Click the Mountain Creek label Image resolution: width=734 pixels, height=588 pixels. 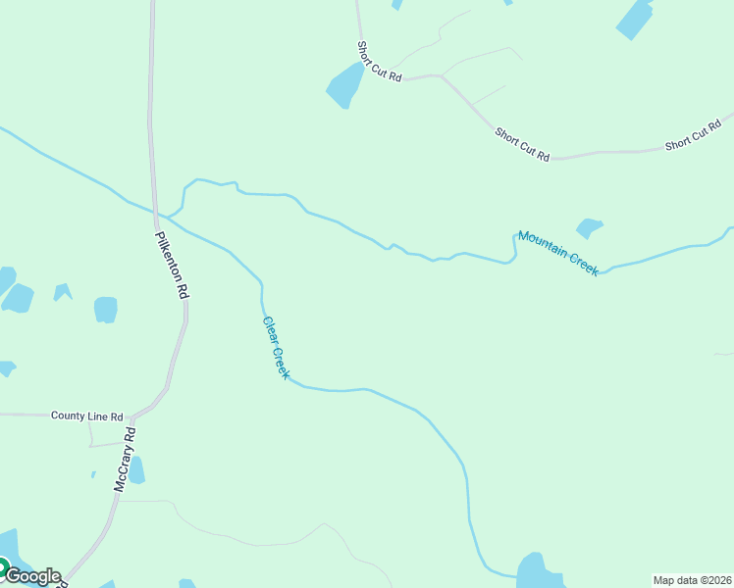click(x=558, y=253)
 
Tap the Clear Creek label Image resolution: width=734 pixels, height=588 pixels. click(x=276, y=348)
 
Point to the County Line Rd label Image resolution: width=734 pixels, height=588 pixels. click(x=87, y=416)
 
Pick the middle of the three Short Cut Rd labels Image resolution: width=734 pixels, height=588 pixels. click(x=522, y=143)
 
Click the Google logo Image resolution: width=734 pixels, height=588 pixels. click(x=31, y=576)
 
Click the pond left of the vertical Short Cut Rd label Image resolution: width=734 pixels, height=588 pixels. click(x=344, y=86)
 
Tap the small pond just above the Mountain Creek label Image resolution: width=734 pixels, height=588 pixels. click(x=589, y=227)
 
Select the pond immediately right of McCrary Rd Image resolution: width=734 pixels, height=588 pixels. click(x=136, y=470)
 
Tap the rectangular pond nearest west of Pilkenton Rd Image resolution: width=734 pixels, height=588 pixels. click(x=106, y=310)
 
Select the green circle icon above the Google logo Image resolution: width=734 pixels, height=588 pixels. click(x=3, y=566)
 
